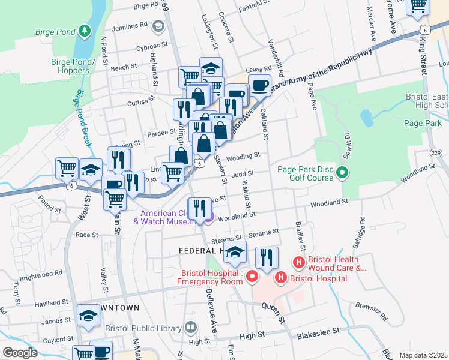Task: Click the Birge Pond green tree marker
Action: (x=85, y=29)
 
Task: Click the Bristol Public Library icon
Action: (x=191, y=328)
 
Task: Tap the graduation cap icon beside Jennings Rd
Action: (x=158, y=26)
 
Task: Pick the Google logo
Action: (x=19, y=353)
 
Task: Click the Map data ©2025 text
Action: (x=423, y=355)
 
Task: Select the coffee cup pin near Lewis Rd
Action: (x=259, y=85)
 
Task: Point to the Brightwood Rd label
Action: (x=40, y=272)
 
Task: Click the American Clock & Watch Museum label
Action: (x=169, y=218)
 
